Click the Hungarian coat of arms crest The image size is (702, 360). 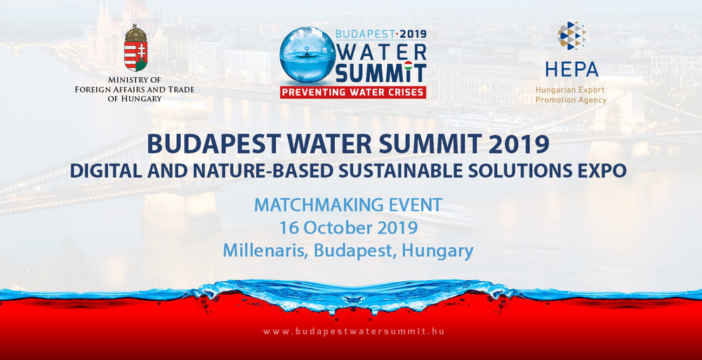point(135,48)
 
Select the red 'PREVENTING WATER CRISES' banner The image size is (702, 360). point(353,92)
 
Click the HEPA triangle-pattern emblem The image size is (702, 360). point(571,35)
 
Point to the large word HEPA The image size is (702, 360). point(571,69)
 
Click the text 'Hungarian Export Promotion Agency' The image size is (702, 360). point(571,95)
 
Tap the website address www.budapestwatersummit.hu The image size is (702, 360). point(354,332)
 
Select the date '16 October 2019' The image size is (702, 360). point(349,227)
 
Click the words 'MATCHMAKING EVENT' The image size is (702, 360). point(348,205)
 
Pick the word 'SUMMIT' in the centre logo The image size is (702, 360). point(380,74)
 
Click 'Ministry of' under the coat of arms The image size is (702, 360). point(135,80)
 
